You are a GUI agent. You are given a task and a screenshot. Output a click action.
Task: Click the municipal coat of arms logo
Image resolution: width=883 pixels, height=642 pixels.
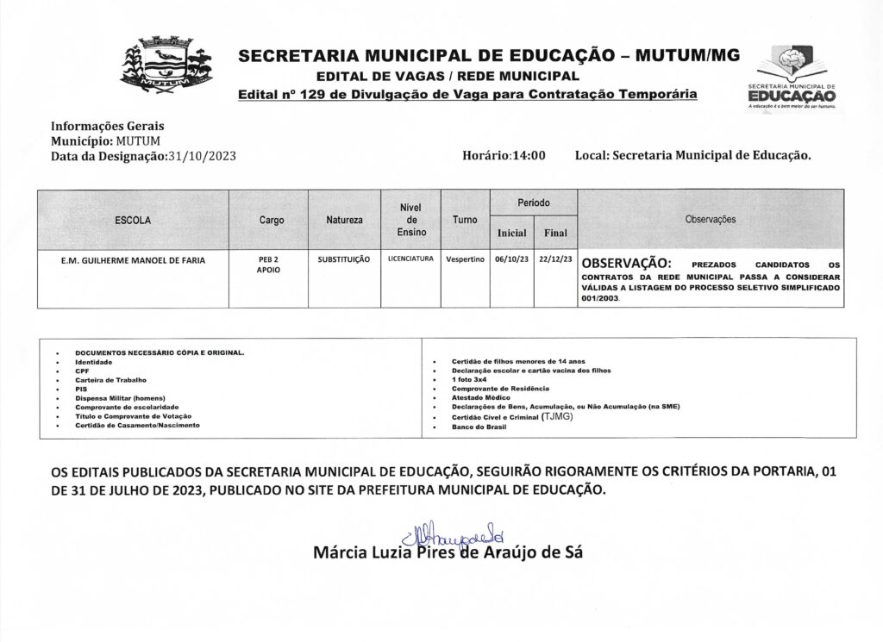tap(164, 65)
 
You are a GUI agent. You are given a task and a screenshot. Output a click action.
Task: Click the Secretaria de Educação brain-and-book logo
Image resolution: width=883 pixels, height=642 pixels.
tap(791, 78)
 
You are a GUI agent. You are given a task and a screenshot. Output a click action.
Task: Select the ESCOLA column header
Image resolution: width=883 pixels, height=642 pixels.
tap(133, 221)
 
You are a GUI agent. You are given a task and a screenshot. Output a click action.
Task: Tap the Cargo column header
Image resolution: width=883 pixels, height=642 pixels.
tap(272, 221)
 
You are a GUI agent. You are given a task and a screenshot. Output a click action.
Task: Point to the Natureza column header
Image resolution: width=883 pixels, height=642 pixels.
tap(345, 221)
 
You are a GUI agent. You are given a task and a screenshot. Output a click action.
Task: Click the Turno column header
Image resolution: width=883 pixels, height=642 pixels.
tap(465, 221)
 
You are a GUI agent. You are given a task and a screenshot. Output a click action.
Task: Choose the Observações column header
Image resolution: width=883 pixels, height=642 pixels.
tap(710, 220)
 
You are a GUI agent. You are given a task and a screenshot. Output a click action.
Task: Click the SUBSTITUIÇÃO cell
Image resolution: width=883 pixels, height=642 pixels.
tap(344, 259)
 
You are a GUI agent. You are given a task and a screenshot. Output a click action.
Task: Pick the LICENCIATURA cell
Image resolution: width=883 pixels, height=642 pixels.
tap(411, 259)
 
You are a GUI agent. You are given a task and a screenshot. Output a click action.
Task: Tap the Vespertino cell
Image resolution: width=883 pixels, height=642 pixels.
tap(465, 259)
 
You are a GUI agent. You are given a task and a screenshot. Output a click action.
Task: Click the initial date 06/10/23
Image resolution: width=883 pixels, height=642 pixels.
tap(510, 259)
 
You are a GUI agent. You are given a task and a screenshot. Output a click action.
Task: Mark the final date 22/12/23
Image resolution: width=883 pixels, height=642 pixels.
tap(554, 259)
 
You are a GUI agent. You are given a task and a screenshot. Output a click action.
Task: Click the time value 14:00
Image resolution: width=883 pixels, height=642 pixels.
tap(529, 156)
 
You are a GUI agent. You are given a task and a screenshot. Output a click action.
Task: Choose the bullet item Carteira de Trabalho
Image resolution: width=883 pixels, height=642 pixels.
tap(111, 380)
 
